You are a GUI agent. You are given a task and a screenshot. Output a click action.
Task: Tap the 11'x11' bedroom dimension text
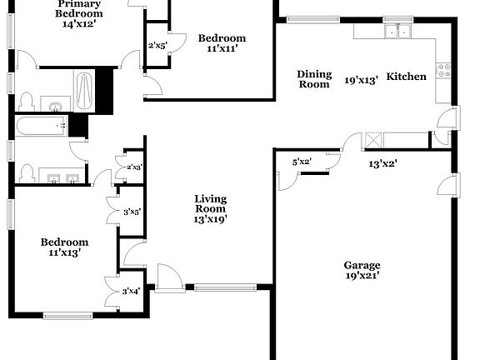[222, 49]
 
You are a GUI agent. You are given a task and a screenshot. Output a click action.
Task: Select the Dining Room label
[314, 79]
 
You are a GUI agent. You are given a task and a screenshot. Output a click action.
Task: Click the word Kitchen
[407, 77]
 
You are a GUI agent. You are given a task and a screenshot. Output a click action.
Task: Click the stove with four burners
[443, 71]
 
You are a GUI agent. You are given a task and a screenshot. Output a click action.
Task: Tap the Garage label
[362, 264]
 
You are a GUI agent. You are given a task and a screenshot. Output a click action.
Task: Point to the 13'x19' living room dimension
[211, 219]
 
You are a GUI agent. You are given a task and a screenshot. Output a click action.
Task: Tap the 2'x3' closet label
[132, 167]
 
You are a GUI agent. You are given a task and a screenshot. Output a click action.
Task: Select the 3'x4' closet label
[132, 291]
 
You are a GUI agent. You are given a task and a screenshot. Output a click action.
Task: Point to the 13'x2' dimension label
[382, 163]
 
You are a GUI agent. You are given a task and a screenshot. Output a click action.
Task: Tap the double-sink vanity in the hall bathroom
[62, 177]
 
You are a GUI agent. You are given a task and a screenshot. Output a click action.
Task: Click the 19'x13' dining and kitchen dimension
[362, 81]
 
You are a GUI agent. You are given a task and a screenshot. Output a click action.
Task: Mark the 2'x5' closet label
[157, 45]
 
